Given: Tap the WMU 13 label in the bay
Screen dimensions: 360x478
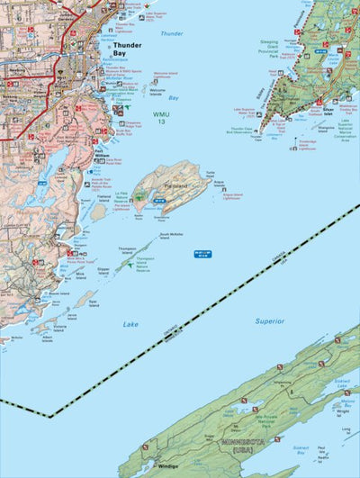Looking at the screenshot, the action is click(160, 119).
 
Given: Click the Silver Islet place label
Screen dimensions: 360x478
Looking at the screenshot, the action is click(312, 112).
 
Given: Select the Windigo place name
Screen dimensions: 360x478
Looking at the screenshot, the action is click(167, 466).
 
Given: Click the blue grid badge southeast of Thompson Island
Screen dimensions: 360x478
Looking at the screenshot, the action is click(206, 256).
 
